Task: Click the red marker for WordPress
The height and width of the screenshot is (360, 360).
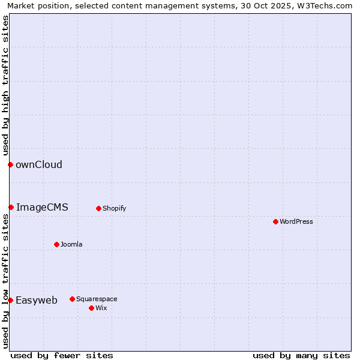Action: (275, 221)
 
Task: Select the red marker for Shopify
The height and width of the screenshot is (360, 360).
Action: (98, 208)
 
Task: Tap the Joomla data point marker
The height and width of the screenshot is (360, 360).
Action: (56, 244)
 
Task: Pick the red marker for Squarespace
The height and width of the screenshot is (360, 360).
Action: (72, 299)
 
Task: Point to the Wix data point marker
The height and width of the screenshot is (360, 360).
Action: (91, 308)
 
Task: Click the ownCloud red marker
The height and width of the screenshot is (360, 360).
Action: (10, 164)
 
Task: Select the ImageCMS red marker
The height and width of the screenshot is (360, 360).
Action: (11, 207)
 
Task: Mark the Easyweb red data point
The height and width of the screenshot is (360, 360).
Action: (10, 300)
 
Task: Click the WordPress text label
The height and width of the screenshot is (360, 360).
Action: (296, 221)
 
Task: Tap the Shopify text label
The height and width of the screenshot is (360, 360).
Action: (115, 208)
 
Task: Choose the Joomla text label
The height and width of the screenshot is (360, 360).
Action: (71, 244)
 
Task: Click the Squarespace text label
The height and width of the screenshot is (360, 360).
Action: (97, 299)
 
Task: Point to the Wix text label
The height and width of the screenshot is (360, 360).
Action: (101, 308)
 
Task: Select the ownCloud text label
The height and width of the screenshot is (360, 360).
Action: (39, 164)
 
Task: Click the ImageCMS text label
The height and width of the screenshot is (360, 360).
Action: (42, 207)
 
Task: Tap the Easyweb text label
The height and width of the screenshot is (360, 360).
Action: (37, 300)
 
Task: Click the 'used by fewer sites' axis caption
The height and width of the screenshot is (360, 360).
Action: (62, 355)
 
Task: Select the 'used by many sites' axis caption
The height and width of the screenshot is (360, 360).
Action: (301, 355)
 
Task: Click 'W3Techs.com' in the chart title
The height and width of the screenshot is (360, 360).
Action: (325, 5)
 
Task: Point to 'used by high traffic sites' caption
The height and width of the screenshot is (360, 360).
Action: (5, 84)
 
